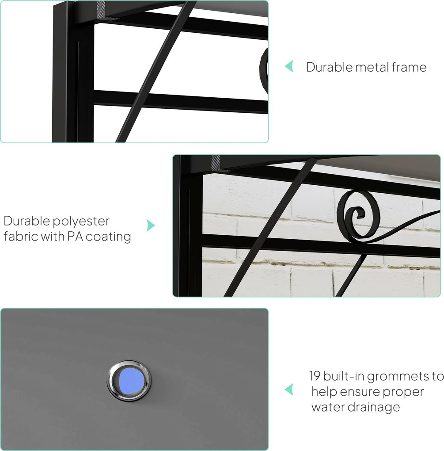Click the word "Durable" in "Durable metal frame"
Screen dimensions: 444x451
tap(329, 67)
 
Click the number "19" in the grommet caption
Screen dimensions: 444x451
tap(315, 376)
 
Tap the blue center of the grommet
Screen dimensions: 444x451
tap(131, 381)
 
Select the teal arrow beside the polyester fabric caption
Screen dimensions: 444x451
tap(151, 225)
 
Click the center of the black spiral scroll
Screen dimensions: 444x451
tap(358, 214)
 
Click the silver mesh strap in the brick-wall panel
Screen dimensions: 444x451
tap(216, 163)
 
